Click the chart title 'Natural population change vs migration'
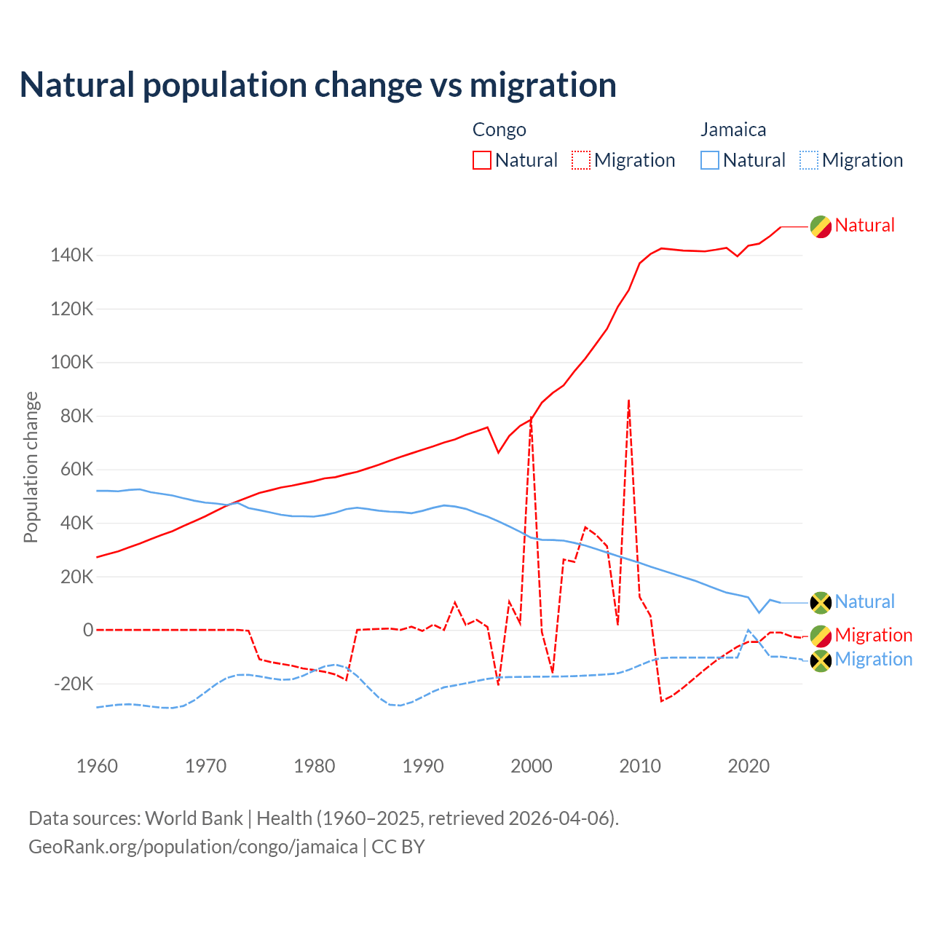click(318, 85)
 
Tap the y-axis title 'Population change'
click(31, 467)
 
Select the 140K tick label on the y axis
click(72, 256)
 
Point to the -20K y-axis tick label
click(74, 684)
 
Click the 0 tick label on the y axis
click(88, 630)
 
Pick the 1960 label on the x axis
click(97, 766)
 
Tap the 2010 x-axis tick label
click(640, 766)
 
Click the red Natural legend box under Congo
click(482, 160)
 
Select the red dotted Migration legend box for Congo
click(581, 160)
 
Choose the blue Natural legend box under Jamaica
click(710, 160)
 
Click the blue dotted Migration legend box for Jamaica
click(809, 160)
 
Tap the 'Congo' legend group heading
click(499, 130)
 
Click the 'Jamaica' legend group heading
click(733, 130)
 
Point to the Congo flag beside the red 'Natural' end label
click(821, 226)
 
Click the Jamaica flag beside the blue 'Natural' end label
click(821, 603)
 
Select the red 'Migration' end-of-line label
click(873, 635)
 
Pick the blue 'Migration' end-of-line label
click(873, 659)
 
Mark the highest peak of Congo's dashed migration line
click(628, 400)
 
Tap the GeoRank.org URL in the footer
click(193, 847)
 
